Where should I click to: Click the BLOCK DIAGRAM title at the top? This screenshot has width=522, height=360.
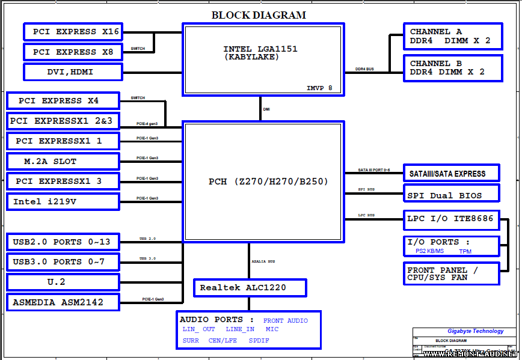259,15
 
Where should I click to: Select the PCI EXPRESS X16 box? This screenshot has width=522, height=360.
72,32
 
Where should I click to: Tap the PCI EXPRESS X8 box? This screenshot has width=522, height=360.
72,52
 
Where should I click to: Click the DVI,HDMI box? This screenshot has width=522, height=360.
72,72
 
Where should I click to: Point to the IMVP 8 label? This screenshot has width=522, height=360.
319,88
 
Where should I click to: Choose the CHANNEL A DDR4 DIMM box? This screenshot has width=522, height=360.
453,36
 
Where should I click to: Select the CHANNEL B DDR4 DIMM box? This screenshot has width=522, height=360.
453,68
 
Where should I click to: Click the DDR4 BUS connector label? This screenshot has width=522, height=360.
364,69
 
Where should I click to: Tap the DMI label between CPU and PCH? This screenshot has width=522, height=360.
266,109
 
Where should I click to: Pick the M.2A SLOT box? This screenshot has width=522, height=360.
63,162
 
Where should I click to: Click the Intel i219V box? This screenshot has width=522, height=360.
63,202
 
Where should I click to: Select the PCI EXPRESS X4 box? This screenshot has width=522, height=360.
63,101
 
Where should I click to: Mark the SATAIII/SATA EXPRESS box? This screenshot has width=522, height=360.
450,174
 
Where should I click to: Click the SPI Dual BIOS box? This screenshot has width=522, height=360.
450,195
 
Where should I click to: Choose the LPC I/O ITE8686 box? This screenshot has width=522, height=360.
450,219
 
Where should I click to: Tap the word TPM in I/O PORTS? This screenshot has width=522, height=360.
465,251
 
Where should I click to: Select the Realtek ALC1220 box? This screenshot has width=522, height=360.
250,288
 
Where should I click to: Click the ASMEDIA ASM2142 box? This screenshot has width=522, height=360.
63,302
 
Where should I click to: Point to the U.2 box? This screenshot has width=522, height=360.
63,282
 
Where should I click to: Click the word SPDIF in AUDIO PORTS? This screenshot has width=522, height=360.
259,341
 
